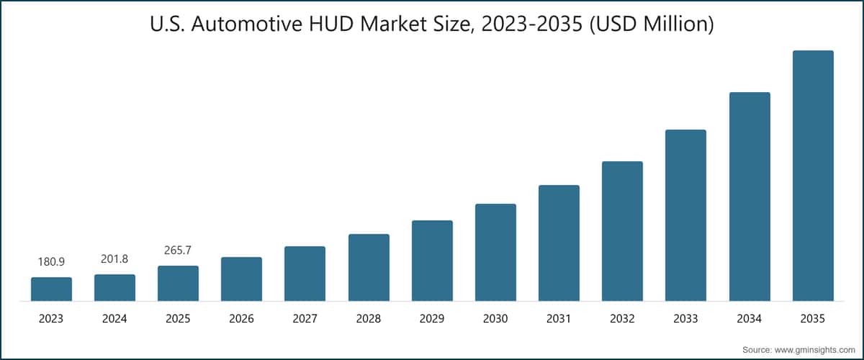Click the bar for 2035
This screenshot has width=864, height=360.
point(813,176)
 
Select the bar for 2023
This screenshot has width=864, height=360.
point(51,289)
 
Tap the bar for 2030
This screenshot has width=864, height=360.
point(495,252)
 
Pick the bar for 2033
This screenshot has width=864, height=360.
point(685,215)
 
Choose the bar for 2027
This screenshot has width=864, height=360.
point(305,274)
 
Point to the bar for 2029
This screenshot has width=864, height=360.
point(432,261)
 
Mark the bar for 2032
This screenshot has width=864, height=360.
point(622,231)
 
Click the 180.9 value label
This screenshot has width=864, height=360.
point(51,262)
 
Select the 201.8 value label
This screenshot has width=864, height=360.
point(114,259)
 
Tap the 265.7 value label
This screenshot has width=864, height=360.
point(178,251)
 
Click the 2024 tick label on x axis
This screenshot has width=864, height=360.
point(114,318)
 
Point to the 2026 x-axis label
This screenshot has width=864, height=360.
point(241,318)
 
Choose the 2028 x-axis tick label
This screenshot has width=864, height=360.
point(369,318)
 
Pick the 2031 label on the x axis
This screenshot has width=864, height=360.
point(559,318)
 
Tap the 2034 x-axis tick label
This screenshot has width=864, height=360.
point(750,318)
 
